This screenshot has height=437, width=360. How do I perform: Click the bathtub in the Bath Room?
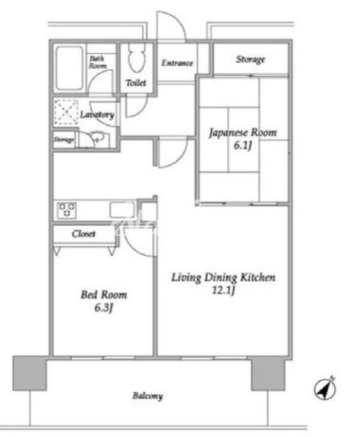pyautogui.click(x=69, y=68)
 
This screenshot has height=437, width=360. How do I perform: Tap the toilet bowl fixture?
pyautogui.click(x=137, y=58)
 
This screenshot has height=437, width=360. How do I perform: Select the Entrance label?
pyautogui.click(x=178, y=63)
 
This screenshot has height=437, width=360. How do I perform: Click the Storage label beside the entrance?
pyautogui.click(x=250, y=59)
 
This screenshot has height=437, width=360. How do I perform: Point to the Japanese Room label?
pyautogui.click(x=243, y=133)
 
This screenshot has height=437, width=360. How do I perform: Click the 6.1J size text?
pyautogui.click(x=243, y=146)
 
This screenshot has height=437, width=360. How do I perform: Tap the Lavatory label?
pyautogui.click(x=97, y=115)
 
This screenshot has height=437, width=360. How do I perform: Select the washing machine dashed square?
pyautogui.click(x=66, y=112)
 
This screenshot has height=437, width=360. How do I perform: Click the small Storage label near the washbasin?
pyautogui.click(x=64, y=139)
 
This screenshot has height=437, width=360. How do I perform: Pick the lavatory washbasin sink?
pyautogui.click(x=97, y=137)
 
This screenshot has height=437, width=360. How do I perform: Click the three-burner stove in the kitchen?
pyautogui.click(x=67, y=210)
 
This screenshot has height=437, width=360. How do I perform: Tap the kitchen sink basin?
pyautogui.click(x=122, y=210)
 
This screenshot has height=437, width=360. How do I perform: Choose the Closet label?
pyautogui.click(x=84, y=233)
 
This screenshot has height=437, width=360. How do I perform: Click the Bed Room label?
pyautogui.click(x=104, y=295)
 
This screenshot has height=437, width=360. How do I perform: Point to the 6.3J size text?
pyautogui.click(x=104, y=308)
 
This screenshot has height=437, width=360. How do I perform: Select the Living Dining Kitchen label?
pyautogui.click(x=223, y=278)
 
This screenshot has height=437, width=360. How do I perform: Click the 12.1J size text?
pyautogui.click(x=223, y=291)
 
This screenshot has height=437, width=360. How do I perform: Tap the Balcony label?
pyautogui.click(x=148, y=396)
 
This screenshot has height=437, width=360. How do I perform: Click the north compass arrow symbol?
pyautogui.click(x=325, y=389)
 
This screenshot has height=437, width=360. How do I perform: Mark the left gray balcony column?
pyautogui.click(x=30, y=373)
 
